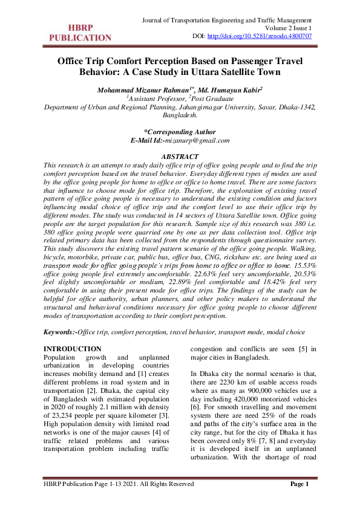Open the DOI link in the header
(x=260, y=36)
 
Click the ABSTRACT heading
(x=180, y=157)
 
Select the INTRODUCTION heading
(x=73, y=349)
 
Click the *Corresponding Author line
(x=180, y=132)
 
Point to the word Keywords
(x=59, y=332)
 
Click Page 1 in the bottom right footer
(x=299, y=484)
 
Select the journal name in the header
(x=226, y=21)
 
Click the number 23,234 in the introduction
(x=65, y=403)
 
